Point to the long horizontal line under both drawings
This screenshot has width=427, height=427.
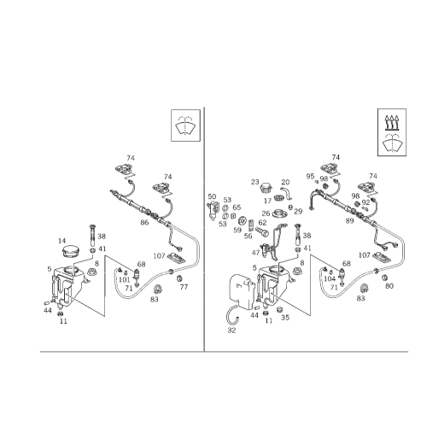pyautogui.click(x=213, y=353)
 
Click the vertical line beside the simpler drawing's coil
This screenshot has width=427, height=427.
pyautogui.click(x=105, y=273)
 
